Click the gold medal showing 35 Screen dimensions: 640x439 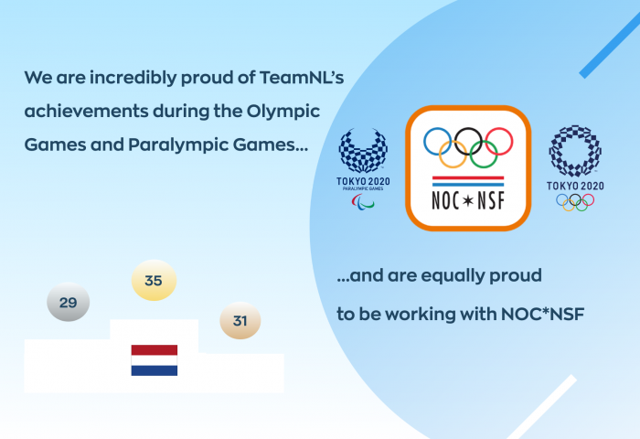[154, 280]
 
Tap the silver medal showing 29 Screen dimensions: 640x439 [69, 302]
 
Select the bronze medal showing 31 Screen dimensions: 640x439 [240, 321]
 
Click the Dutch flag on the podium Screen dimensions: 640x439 [155, 360]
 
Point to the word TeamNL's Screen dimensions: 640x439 [302, 77]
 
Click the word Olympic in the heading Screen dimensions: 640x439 [283, 112]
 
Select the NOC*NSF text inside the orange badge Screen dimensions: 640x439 [468, 200]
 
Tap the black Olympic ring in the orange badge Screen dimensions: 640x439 [468, 129]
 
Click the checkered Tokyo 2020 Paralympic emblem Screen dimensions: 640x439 [363, 151]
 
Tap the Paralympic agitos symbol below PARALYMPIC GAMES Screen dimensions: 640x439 [363, 202]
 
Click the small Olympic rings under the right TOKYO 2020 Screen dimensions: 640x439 [575, 202]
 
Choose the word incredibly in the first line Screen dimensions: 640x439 [133, 78]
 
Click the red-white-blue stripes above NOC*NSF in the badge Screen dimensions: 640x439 [468, 181]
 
